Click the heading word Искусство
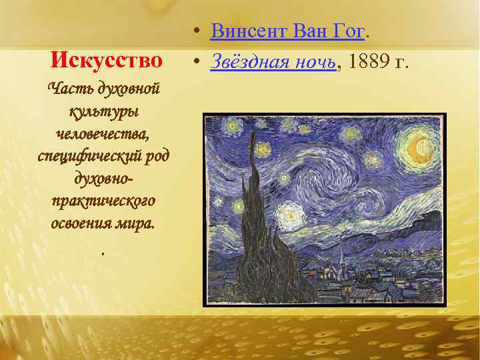click(x=107, y=61)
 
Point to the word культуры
click(x=103, y=111)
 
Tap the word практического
click(x=103, y=200)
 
